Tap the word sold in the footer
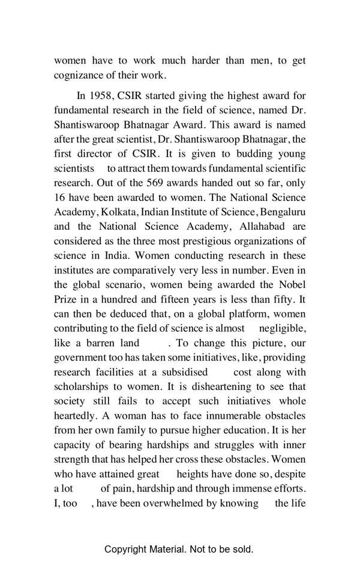242,549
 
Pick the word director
98,154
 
